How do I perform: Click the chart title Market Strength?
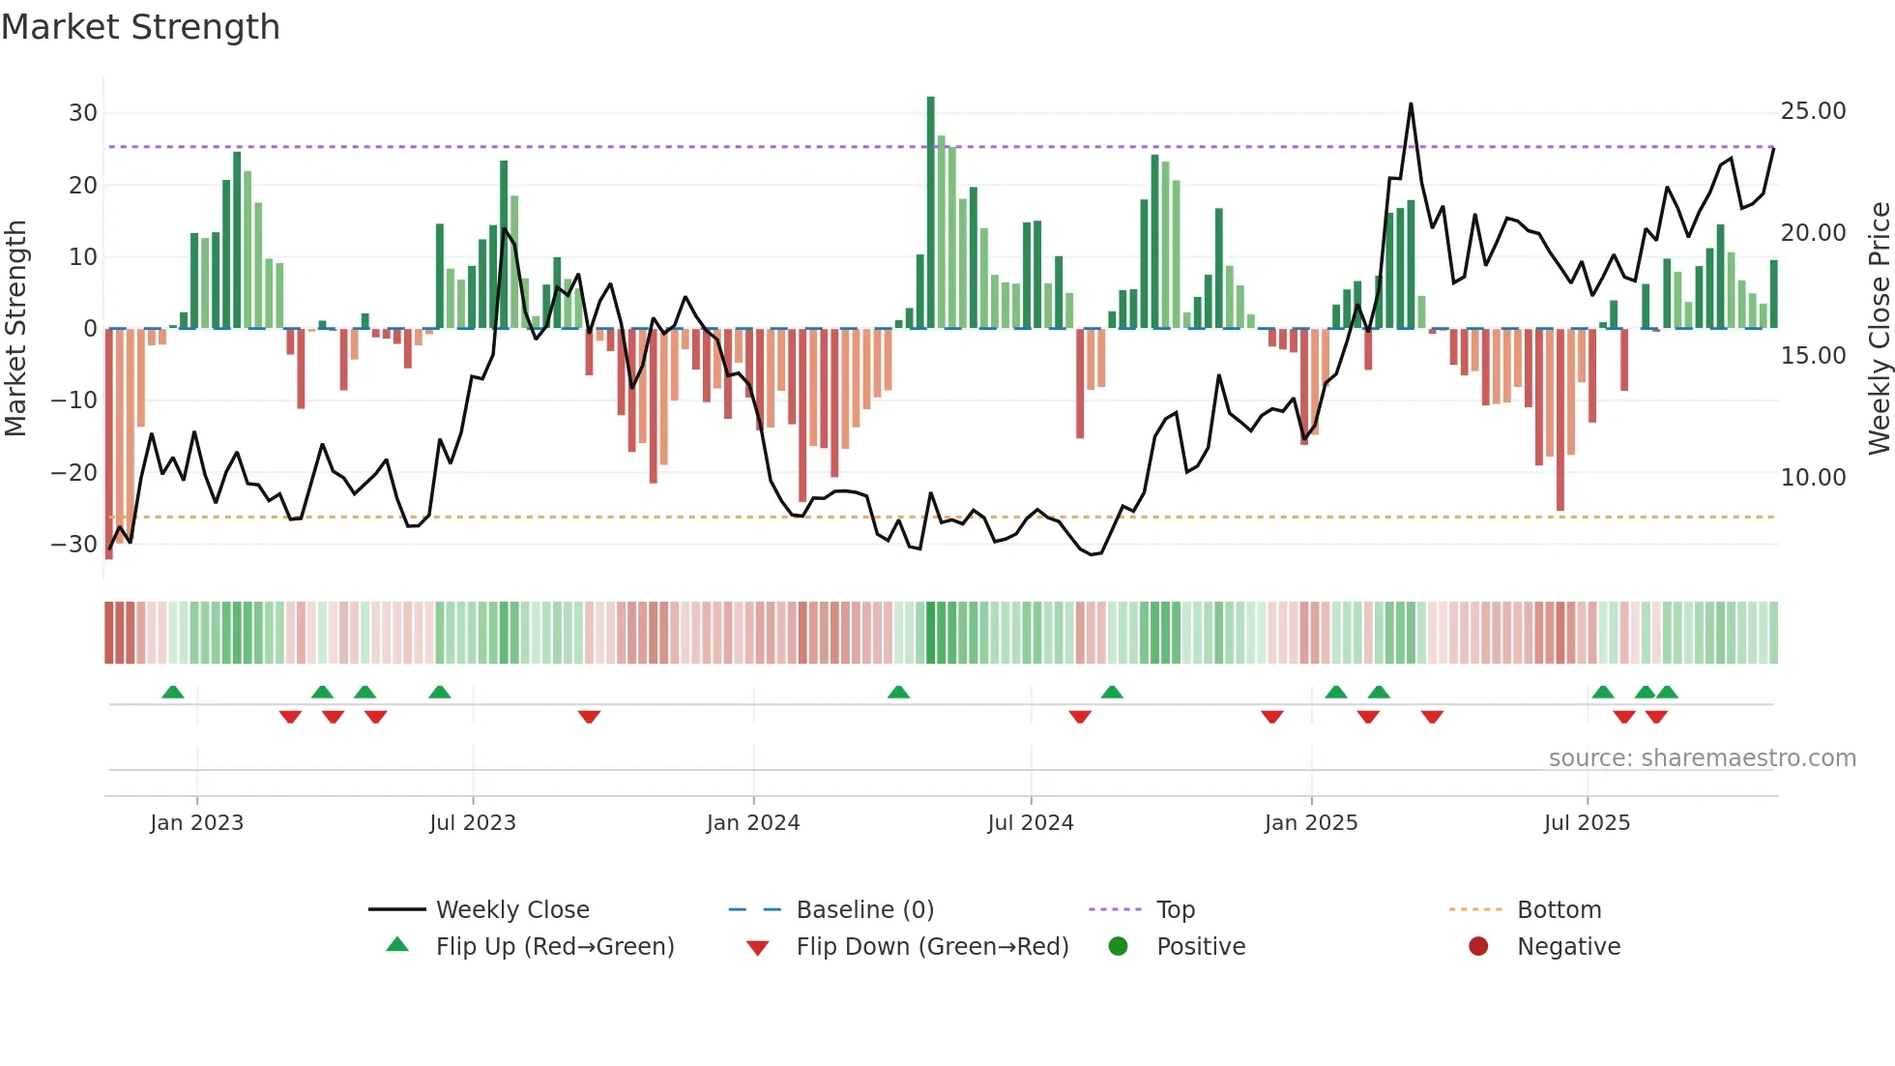(140, 27)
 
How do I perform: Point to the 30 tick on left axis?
(82, 113)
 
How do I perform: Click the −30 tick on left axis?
(74, 545)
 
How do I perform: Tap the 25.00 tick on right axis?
(1813, 111)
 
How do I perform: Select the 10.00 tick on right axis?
(1813, 478)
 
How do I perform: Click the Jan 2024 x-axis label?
(752, 823)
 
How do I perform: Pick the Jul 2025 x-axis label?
(1587, 823)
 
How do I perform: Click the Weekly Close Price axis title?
(1879, 329)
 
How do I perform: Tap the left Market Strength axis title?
(15, 329)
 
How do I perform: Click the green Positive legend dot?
(1118, 946)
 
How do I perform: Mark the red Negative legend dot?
(1478, 946)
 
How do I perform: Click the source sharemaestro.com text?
(1702, 758)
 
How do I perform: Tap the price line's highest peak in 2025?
(1411, 104)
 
